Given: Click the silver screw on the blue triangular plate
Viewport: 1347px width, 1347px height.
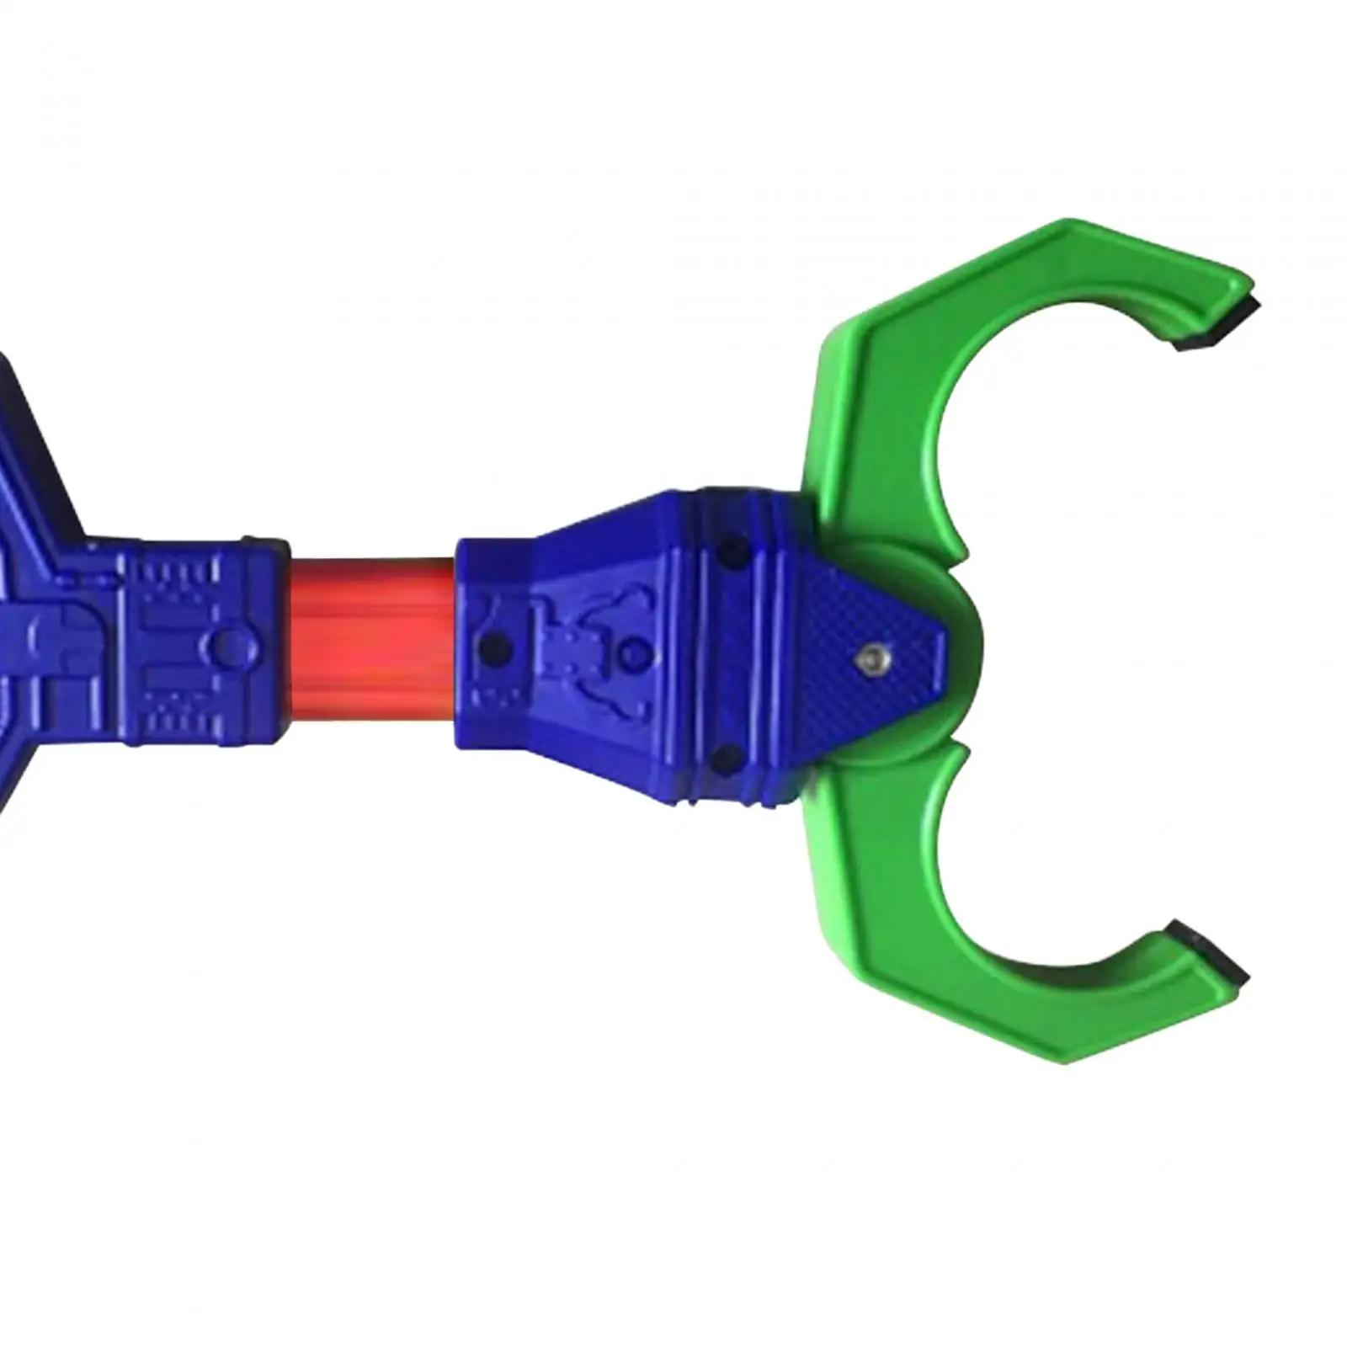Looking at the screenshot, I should (870, 659).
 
